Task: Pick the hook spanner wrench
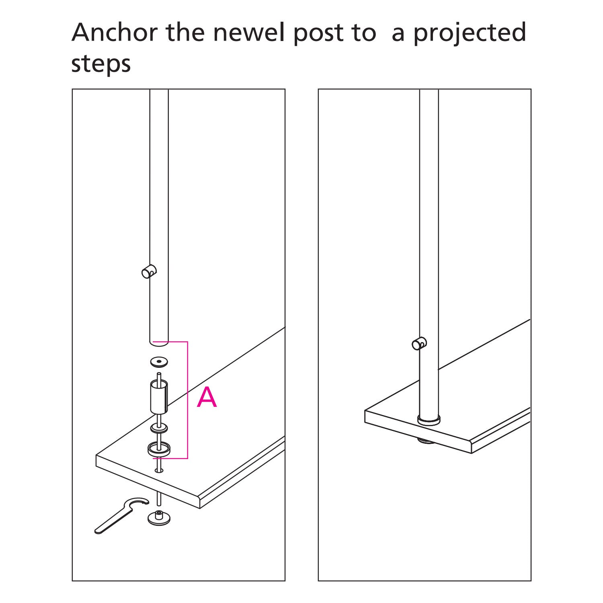pyautogui.click(x=121, y=515)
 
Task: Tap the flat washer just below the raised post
pyautogui.click(x=160, y=362)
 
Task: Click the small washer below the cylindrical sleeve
pyautogui.click(x=159, y=428)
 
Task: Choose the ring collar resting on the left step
pyautogui.click(x=159, y=449)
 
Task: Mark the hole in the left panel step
pyautogui.click(x=159, y=470)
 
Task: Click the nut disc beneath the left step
pyautogui.click(x=159, y=518)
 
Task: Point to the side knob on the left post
pyautogui.click(x=149, y=272)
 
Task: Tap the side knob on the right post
pyautogui.click(x=419, y=344)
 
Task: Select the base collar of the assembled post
pyautogui.click(x=429, y=420)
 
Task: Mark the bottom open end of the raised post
pyautogui.click(x=159, y=342)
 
